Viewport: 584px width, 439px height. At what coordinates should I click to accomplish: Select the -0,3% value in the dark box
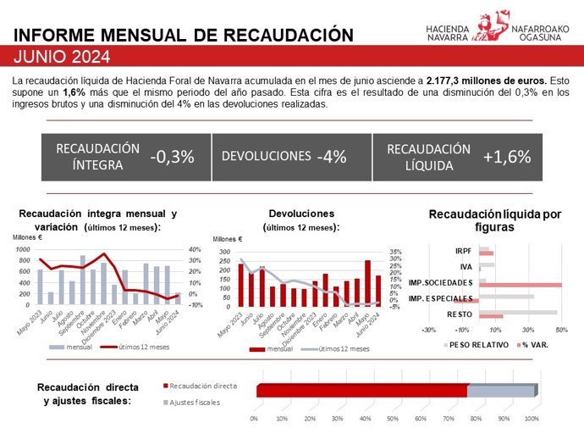(172, 156)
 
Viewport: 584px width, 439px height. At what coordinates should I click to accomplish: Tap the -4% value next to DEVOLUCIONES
(331, 156)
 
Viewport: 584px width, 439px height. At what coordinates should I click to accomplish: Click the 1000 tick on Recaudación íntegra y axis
(22, 250)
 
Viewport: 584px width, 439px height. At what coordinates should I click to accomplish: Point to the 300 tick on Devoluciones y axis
(225, 253)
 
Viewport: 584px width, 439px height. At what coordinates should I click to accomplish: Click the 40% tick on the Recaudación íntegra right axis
(195, 250)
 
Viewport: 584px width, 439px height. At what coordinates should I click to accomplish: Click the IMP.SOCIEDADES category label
(440, 281)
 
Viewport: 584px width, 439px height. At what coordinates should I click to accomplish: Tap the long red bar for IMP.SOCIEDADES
(523, 284)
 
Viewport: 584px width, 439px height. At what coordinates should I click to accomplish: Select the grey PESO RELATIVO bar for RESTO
(517, 313)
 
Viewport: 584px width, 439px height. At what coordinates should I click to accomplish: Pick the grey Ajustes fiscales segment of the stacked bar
(501, 391)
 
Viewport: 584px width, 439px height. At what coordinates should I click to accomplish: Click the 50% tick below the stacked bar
(394, 419)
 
